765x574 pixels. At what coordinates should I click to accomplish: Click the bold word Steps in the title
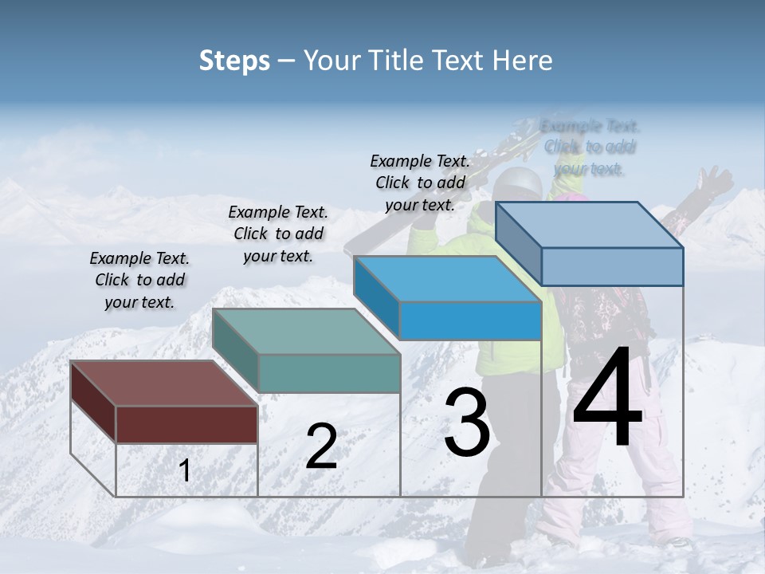pyautogui.click(x=234, y=61)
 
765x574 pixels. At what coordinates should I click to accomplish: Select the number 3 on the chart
pyautogui.click(x=466, y=422)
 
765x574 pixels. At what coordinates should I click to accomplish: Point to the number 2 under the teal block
pyautogui.click(x=321, y=447)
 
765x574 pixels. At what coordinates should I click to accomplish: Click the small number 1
pyautogui.click(x=185, y=471)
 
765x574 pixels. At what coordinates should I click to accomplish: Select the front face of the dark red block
pyautogui.click(x=186, y=424)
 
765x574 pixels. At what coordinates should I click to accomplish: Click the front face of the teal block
pyautogui.click(x=329, y=373)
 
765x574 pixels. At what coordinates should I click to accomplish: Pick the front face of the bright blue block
pyautogui.click(x=470, y=321)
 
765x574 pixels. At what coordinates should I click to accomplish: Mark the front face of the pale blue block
pyautogui.click(x=612, y=266)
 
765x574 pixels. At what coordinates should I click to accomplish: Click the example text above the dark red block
pyautogui.click(x=139, y=280)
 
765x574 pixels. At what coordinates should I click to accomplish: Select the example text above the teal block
pyautogui.click(x=278, y=234)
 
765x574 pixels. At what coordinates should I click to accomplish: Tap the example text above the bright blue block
pyautogui.click(x=420, y=183)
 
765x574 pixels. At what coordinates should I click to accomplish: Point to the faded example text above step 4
pyautogui.click(x=590, y=147)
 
